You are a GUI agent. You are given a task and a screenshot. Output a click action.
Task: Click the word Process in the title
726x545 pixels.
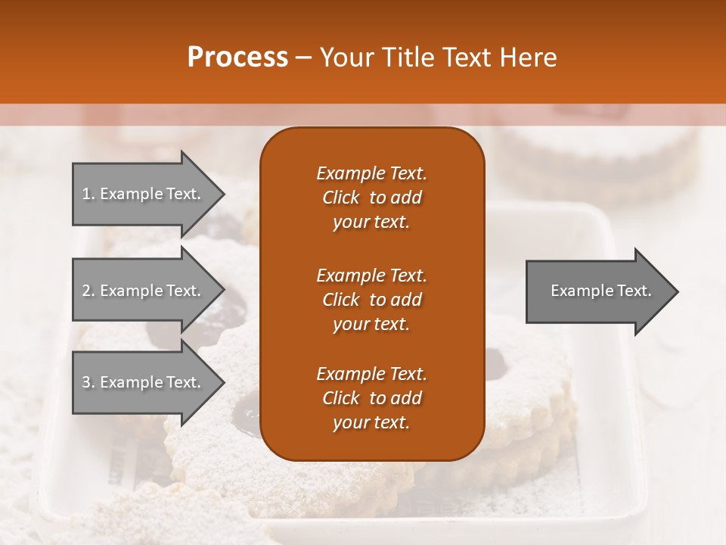click(x=237, y=58)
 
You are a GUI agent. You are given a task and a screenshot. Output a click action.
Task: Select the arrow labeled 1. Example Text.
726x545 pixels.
click(x=144, y=194)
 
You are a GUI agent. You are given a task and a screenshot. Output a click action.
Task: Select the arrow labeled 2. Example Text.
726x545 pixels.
click(x=144, y=291)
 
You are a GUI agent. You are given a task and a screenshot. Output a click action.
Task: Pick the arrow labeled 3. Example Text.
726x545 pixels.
click(x=144, y=382)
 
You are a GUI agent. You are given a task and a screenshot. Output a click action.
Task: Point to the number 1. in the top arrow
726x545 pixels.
click(x=88, y=194)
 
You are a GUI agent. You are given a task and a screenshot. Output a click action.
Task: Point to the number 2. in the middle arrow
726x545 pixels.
click(x=88, y=291)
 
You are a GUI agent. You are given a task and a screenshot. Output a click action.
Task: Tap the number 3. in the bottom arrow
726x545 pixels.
click(x=88, y=382)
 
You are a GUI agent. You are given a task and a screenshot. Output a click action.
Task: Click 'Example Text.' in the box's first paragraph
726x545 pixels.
click(x=371, y=173)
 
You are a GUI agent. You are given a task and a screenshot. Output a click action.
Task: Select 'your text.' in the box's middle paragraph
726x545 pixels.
click(x=371, y=324)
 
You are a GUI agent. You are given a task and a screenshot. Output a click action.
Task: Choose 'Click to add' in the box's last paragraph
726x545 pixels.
click(x=371, y=398)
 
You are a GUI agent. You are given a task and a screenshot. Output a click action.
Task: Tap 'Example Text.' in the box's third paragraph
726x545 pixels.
click(x=371, y=374)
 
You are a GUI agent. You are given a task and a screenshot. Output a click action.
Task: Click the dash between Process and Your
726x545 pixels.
click(x=303, y=58)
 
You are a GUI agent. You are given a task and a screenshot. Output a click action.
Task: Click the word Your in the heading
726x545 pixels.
click(x=345, y=58)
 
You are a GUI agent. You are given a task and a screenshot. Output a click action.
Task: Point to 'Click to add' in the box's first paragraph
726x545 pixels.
click(x=371, y=198)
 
